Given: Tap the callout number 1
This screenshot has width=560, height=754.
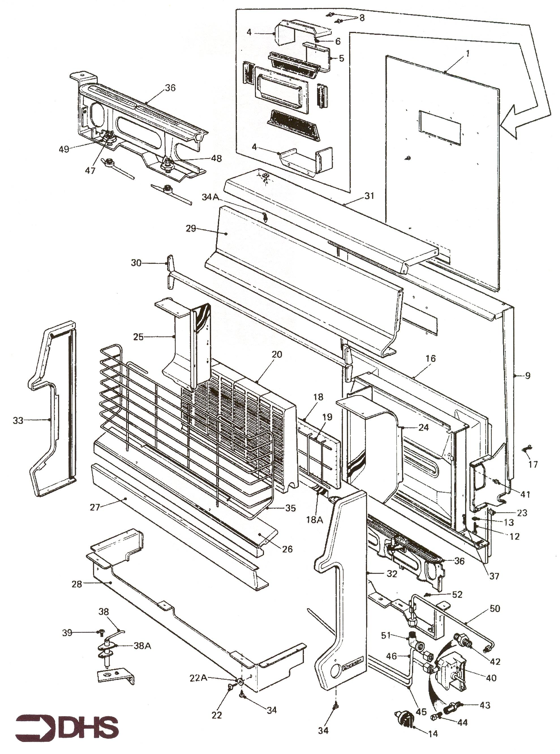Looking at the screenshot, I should pyautogui.click(x=467, y=53).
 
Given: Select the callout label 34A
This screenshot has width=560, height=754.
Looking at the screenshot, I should pyautogui.click(x=211, y=197).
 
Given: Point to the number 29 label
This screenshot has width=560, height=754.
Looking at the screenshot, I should pyautogui.click(x=191, y=229).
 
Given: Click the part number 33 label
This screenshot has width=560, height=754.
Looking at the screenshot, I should pyautogui.click(x=18, y=420).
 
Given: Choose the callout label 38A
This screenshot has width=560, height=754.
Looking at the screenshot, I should pyautogui.click(x=142, y=646).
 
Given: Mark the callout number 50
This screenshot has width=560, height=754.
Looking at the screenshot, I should pyautogui.click(x=495, y=608).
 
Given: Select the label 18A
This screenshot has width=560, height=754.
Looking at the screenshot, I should pyautogui.click(x=315, y=519).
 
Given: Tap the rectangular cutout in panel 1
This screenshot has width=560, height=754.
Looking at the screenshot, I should pyautogui.click(x=440, y=127).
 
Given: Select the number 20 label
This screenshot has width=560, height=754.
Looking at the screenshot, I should pyautogui.click(x=277, y=354).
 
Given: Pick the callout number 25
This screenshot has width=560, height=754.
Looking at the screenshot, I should pyautogui.click(x=138, y=337).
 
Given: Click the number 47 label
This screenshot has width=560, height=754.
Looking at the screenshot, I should pyautogui.click(x=90, y=171).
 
